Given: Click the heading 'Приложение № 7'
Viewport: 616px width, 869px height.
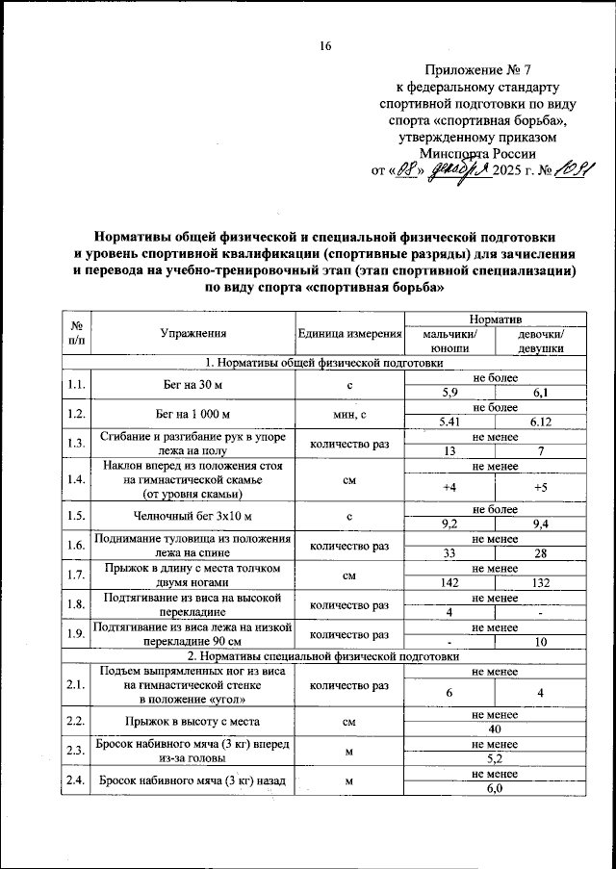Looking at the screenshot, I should click(476, 70).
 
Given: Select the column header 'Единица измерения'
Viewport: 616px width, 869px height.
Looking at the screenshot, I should click(350, 334).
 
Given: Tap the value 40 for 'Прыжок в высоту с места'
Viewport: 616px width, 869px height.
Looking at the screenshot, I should click(494, 728).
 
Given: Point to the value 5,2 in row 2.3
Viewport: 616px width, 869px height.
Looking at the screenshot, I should click(494, 757).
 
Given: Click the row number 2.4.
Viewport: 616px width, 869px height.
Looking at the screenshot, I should click(75, 780).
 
